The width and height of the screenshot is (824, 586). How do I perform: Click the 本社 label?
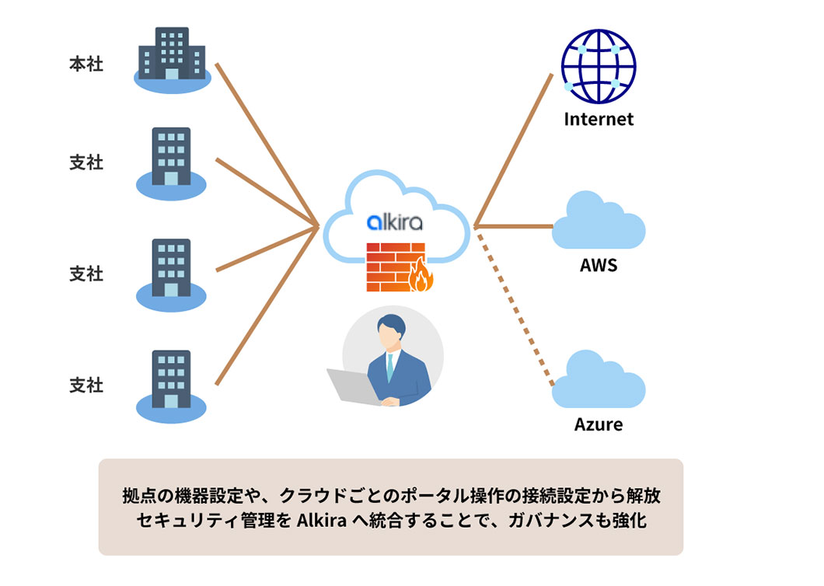pos(86,65)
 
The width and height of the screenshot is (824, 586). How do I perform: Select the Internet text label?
pos(599,119)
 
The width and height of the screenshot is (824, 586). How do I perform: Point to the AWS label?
pos(599,265)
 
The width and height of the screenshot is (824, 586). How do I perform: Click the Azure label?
pos(599,424)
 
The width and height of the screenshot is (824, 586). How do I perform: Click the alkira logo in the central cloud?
pos(395,222)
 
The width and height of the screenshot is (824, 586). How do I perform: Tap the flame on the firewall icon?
pos(422,274)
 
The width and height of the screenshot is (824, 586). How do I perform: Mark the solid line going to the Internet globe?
pos(513,148)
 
